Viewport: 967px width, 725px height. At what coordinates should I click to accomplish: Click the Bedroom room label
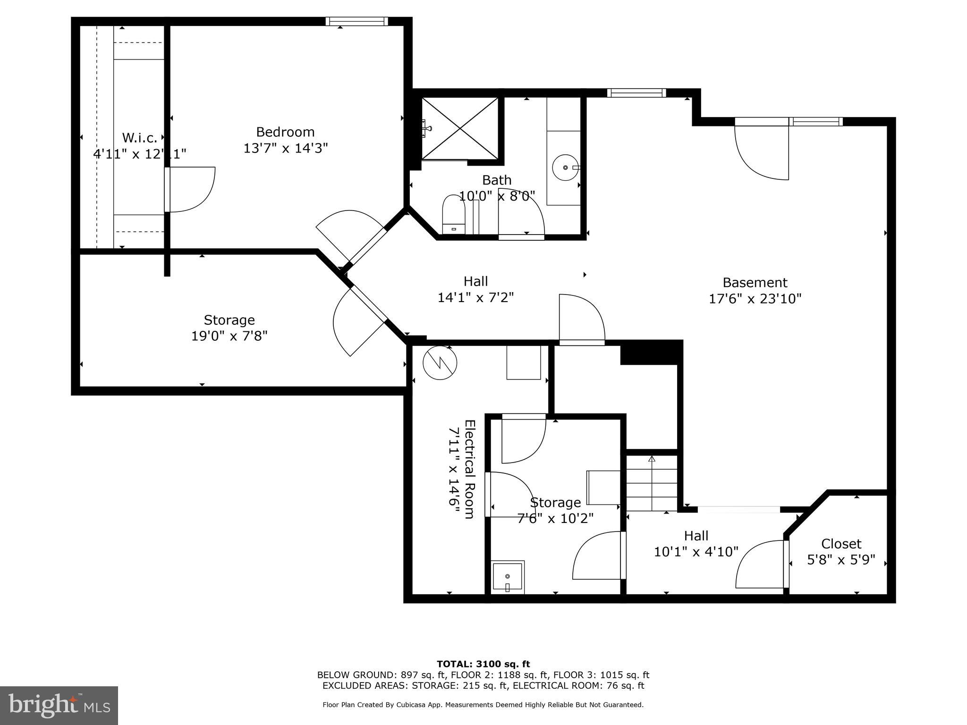click(x=285, y=132)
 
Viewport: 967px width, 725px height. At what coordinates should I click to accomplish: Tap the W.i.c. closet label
click(x=139, y=138)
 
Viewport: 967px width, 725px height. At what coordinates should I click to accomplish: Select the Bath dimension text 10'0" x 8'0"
click(x=497, y=195)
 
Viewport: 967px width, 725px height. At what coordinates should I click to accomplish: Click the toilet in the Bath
click(x=454, y=216)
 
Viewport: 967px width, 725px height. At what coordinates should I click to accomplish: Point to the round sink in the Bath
click(x=565, y=168)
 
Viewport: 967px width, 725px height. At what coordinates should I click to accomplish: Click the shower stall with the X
click(x=459, y=128)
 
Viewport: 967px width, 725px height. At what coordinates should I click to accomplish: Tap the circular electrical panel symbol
click(x=440, y=362)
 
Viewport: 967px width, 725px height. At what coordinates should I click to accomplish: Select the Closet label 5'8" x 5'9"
click(x=841, y=560)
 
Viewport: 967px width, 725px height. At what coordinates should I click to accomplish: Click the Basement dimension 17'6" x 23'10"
click(x=755, y=298)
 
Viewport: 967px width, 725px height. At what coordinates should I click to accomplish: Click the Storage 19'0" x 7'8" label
click(x=229, y=328)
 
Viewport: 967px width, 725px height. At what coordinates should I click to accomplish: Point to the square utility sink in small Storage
click(x=508, y=577)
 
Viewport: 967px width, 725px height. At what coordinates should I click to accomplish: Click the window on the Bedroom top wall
click(x=356, y=21)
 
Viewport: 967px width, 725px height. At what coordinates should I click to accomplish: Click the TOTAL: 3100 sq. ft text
click(x=483, y=664)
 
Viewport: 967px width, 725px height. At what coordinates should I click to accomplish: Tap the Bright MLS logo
click(x=59, y=705)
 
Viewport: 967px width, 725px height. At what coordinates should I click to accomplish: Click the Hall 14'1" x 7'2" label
click(x=475, y=289)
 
